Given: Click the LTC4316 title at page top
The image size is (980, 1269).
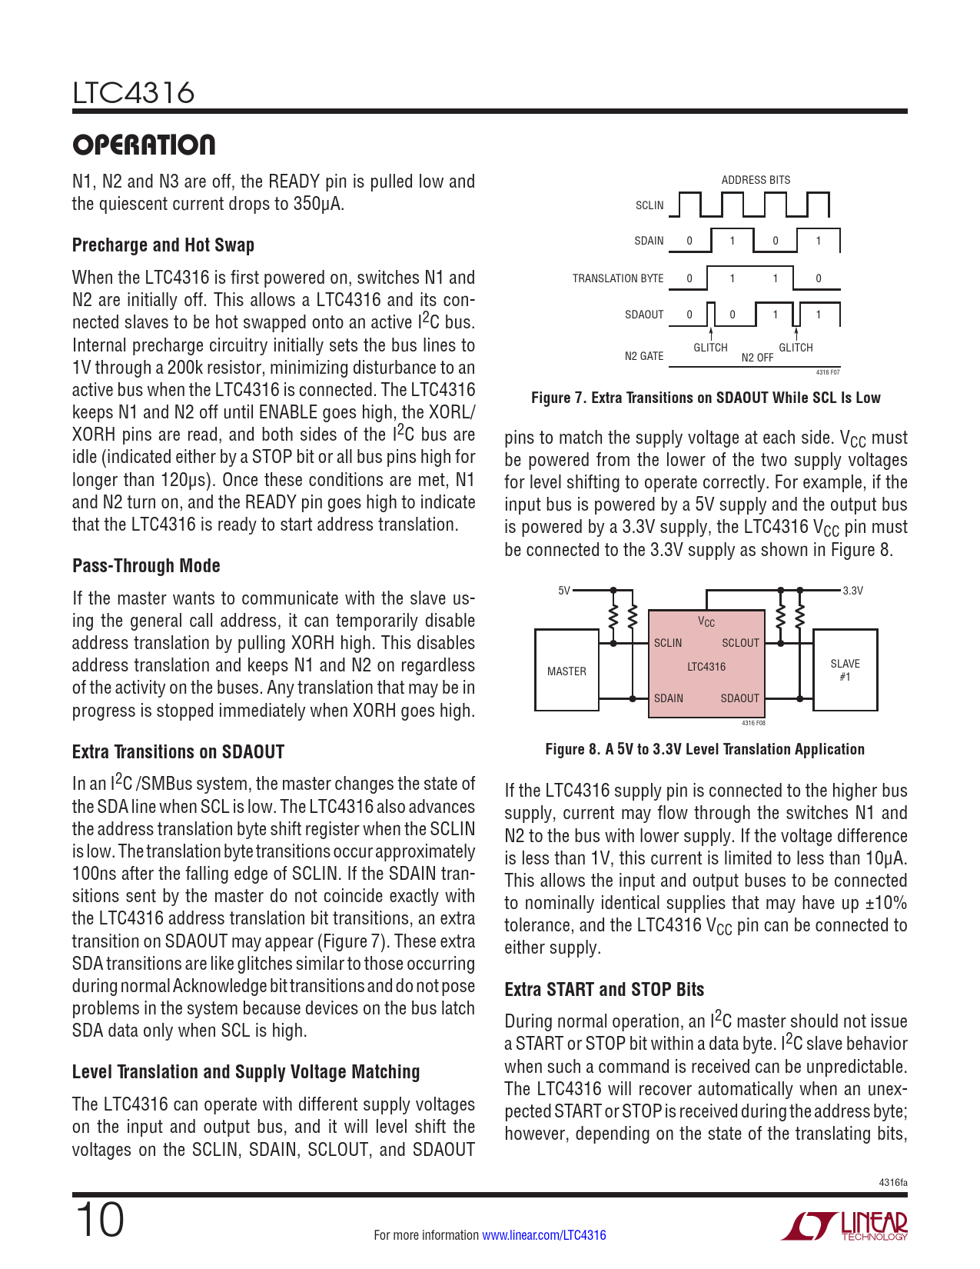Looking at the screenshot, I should point(134,94).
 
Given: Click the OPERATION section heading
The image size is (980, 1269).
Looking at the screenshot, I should point(144,145).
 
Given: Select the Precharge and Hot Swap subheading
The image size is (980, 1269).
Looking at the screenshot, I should point(163,245).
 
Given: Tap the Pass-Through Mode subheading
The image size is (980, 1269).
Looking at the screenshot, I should point(146,566).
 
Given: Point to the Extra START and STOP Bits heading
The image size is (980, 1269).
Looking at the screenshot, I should point(604,990).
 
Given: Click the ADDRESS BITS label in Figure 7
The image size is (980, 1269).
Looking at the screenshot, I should point(756,180).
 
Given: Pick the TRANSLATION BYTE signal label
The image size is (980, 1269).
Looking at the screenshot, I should point(617,278).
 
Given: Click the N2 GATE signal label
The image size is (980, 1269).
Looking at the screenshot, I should point(643,356).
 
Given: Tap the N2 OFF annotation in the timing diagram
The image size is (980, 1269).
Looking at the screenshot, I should point(757,358).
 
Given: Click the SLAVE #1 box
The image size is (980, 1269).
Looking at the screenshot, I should point(845,670).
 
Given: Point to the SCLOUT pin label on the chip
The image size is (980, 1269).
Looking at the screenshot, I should point(740,643).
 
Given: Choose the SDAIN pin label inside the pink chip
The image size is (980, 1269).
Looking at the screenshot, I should point(668,698).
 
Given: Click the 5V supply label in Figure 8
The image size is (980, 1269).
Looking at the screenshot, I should point(564,591).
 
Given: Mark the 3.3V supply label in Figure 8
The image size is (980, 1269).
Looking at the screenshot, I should point(852,591).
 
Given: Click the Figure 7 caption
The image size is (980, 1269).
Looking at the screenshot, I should point(706,398).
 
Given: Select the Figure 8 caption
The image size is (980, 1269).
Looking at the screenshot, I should point(705,749).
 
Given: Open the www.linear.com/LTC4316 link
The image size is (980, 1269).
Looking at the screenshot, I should point(543,1235).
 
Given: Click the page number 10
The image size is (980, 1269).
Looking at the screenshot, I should point(99,1221).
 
